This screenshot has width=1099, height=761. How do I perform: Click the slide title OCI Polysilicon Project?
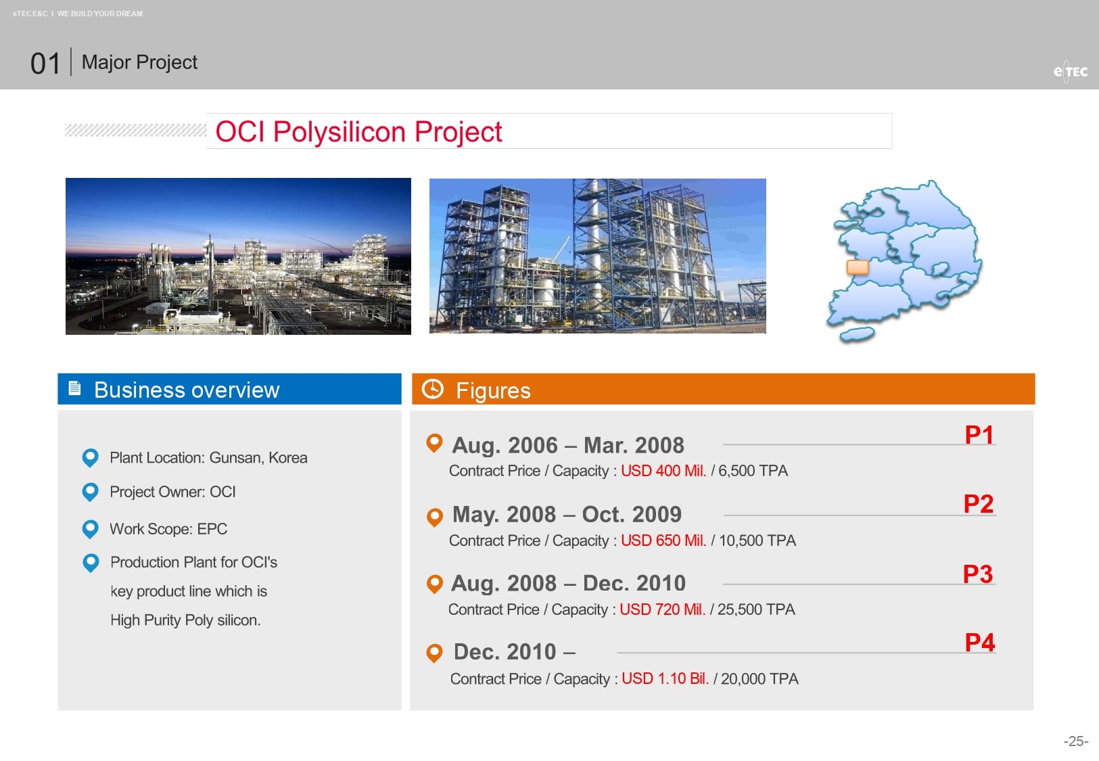click(358, 131)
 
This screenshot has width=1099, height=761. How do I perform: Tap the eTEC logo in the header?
click(1070, 72)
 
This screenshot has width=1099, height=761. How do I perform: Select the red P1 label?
click(979, 435)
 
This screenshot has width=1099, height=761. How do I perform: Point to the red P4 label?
click(980, 642)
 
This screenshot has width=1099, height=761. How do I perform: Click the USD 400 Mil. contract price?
click(663, 471)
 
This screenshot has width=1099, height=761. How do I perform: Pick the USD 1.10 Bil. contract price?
click(665, 678)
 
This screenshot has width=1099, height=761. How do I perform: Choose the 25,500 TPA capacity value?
click(756, 609)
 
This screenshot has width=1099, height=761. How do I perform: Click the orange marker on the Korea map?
click(858, 267)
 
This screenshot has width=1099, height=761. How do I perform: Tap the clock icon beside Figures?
click(433, 389)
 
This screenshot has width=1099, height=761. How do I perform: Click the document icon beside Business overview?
click(74, 388)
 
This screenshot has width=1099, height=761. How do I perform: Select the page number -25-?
click(1075, 741)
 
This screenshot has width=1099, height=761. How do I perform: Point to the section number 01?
click(45, 64)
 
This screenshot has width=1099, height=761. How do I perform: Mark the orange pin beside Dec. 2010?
click(434, 653)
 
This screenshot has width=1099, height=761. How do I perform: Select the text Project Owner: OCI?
click(172, 492)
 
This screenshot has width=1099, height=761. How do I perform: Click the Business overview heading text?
click(187, 390)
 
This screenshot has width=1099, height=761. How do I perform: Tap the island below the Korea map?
click(857, 335)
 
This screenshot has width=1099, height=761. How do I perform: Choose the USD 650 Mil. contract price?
click(663, 540)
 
